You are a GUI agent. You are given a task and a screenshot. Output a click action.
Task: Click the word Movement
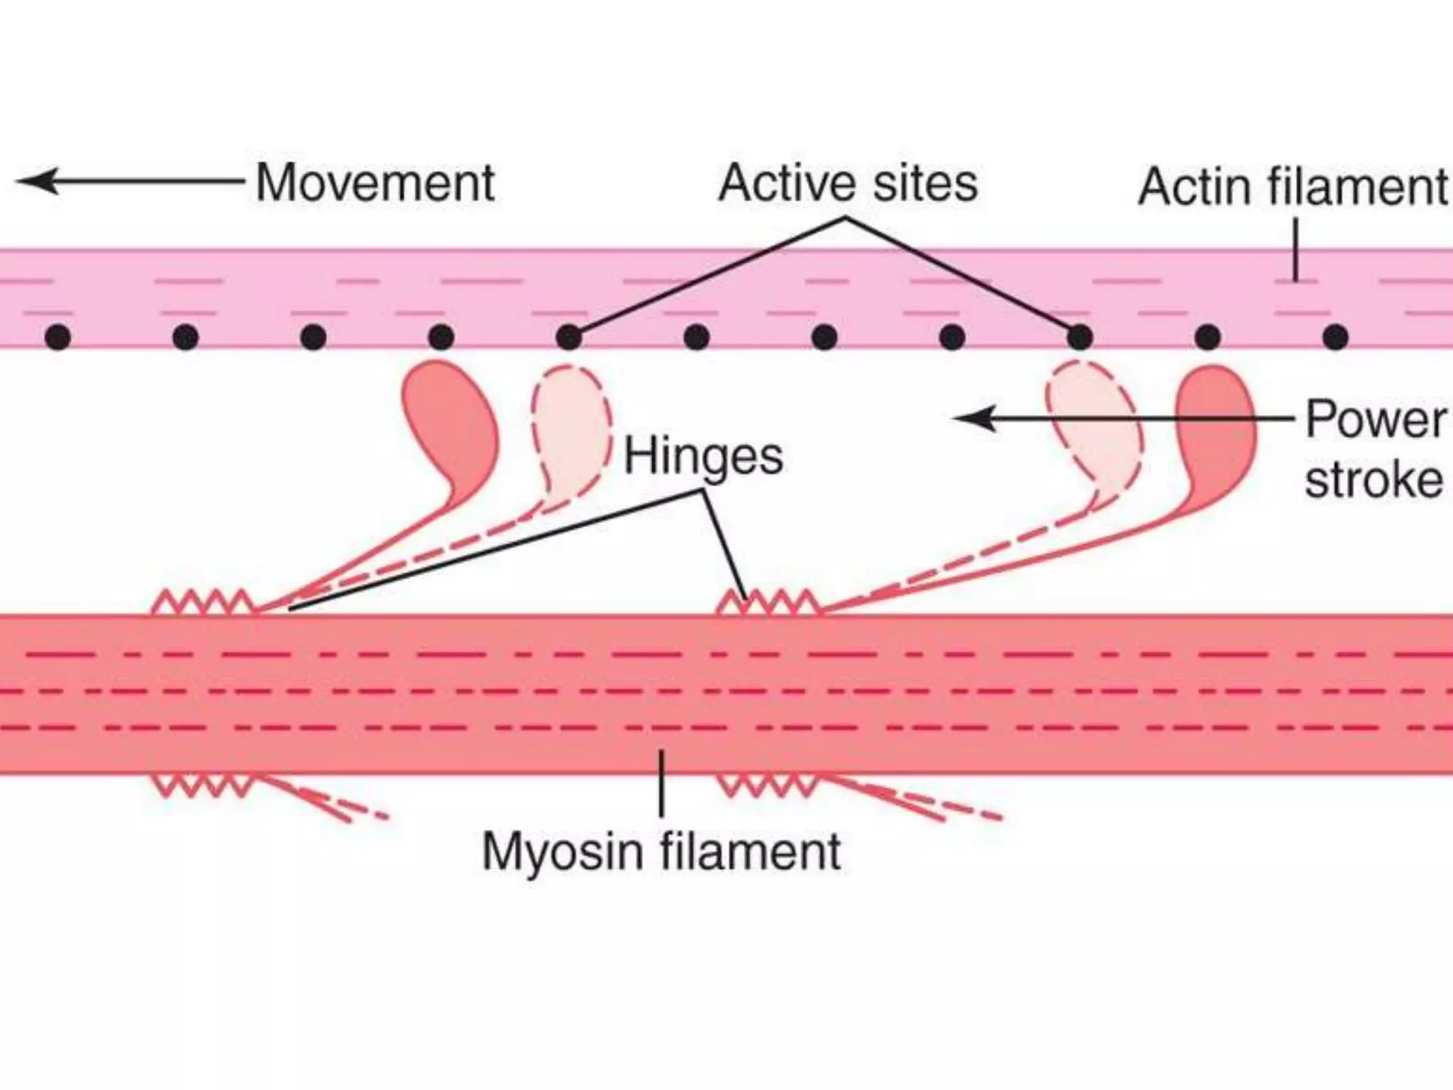[375, 184]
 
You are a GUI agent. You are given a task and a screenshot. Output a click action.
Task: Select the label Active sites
[848, 184]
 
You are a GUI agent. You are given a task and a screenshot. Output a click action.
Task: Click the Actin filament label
[1293, 187]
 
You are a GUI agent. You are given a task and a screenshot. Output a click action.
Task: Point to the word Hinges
[703, 456]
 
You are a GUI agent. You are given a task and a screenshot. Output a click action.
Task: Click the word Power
[1375, 420]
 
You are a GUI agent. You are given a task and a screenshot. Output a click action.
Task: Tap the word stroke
[1374, 481]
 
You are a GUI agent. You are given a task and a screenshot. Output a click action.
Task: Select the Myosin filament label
[661, 852]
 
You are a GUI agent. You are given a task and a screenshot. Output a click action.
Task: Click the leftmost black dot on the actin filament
[57, 337]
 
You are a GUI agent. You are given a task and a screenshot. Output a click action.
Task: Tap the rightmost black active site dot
[1335, 337]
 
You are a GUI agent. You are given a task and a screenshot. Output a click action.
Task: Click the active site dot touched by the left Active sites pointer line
[568, 337]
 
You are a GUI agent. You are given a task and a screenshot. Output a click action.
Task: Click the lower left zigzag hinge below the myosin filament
[203, 785]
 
